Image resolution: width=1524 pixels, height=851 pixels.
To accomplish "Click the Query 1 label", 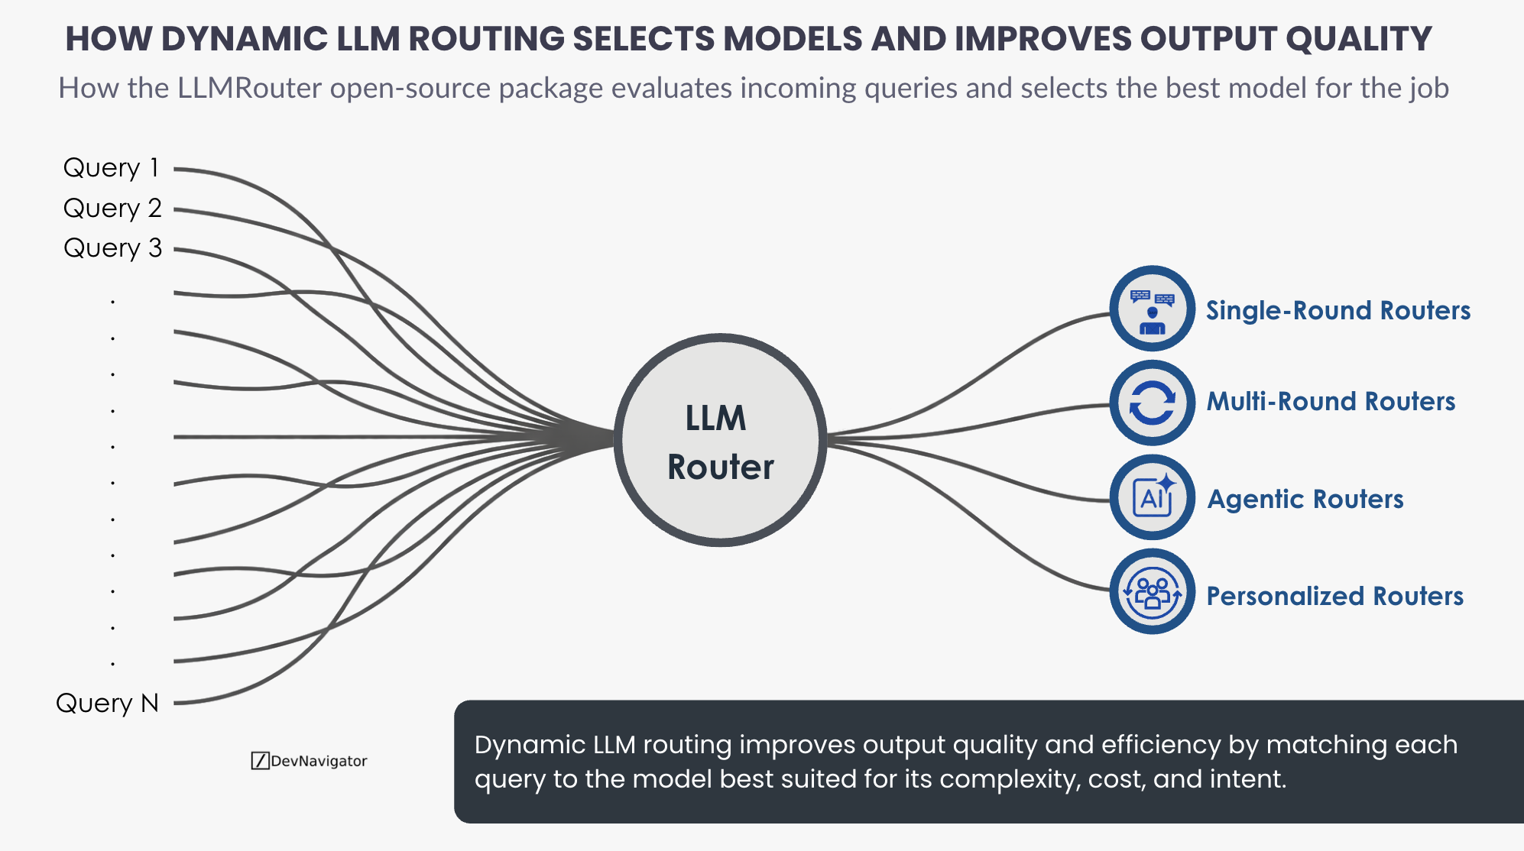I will pos(112,168).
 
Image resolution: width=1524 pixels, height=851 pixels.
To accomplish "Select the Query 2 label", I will pos(112,209).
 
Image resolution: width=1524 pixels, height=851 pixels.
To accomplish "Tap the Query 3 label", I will pos(112,248).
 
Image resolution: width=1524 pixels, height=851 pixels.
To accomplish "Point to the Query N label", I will pos(107,703).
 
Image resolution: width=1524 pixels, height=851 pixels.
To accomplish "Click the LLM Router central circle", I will pos(720,440).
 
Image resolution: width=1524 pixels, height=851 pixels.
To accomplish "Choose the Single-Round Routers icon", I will pos(1152,309).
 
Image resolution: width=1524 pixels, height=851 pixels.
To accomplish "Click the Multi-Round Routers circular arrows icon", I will pos(1152,403).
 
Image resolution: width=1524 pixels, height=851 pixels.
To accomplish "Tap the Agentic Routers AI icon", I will pos(1152,497).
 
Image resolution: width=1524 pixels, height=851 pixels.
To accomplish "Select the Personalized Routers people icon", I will pos(1152,592).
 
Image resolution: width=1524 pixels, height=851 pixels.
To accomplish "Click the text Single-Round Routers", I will pos(1338,311).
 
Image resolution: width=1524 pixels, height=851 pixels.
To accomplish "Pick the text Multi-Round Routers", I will pos(1331,402).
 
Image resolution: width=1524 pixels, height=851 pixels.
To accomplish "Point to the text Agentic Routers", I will pos(1305,500).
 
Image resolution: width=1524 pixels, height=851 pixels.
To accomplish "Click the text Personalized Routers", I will pos(1334,596).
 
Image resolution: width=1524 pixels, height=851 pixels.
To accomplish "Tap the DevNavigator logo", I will pos(310,761).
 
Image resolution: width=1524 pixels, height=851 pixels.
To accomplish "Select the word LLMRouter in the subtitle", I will pos(250,89).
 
